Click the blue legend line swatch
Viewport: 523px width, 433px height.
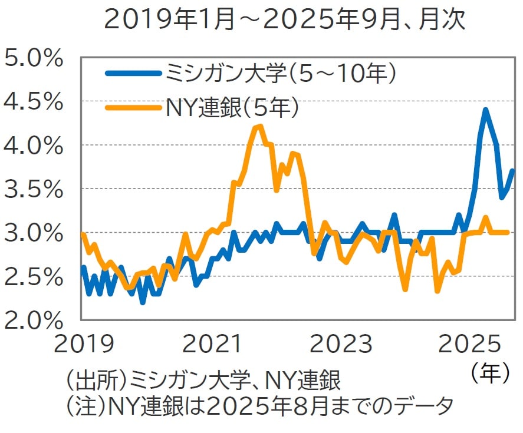click(133, 73)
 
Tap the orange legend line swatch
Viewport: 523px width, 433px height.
click(133, 107)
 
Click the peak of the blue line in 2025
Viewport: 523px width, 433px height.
click(485, 110)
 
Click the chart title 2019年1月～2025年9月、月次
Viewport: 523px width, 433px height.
click(285, 20)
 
